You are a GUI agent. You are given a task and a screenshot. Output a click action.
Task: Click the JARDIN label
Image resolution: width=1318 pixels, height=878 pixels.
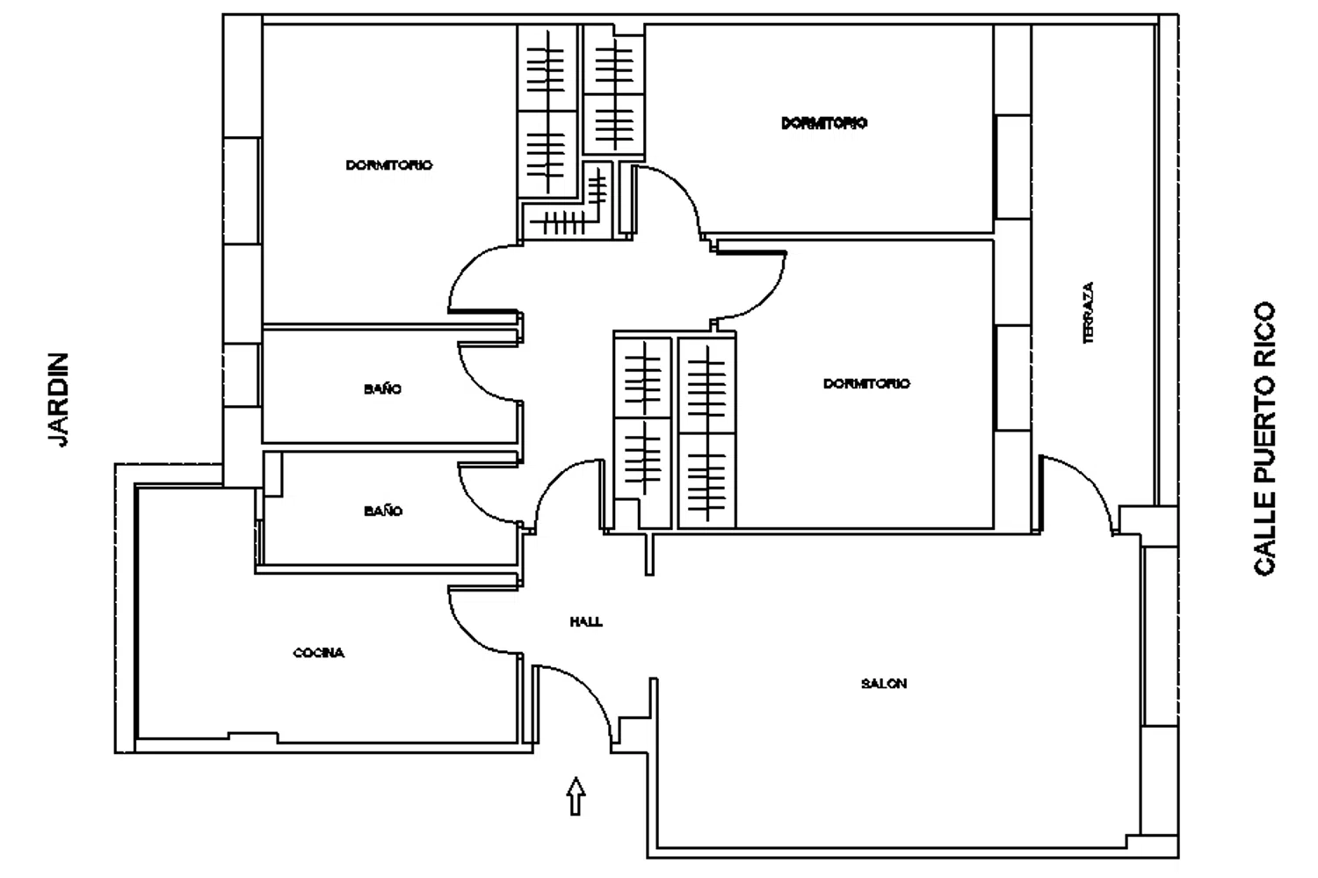(58, 400)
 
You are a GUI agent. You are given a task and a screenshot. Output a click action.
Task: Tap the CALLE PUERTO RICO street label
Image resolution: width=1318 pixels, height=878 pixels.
(1264, 439)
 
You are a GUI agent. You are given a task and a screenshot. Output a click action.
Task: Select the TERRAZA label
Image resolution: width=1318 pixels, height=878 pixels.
(1088, 313)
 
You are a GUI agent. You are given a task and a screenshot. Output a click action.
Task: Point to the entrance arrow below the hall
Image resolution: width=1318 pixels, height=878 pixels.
(576, 795)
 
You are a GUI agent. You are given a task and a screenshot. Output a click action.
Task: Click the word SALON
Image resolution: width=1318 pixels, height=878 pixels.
(884, 683)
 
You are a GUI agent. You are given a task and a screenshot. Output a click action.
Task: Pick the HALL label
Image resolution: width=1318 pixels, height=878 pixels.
(586, 621)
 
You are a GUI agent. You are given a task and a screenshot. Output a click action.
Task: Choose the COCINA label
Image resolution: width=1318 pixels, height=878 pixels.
(318, 653)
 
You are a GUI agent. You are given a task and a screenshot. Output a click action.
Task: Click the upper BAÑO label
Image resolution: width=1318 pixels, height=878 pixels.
(382, 389)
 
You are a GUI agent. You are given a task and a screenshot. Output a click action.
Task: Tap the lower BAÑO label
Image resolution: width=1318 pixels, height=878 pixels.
(383, 511)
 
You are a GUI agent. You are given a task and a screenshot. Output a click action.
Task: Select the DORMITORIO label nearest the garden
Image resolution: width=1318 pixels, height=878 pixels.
(389, 165)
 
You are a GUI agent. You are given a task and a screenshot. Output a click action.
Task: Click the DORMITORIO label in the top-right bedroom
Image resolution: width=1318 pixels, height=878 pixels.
(824, 123)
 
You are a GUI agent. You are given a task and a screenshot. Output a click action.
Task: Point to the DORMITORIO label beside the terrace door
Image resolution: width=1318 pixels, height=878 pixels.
(866, 384)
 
